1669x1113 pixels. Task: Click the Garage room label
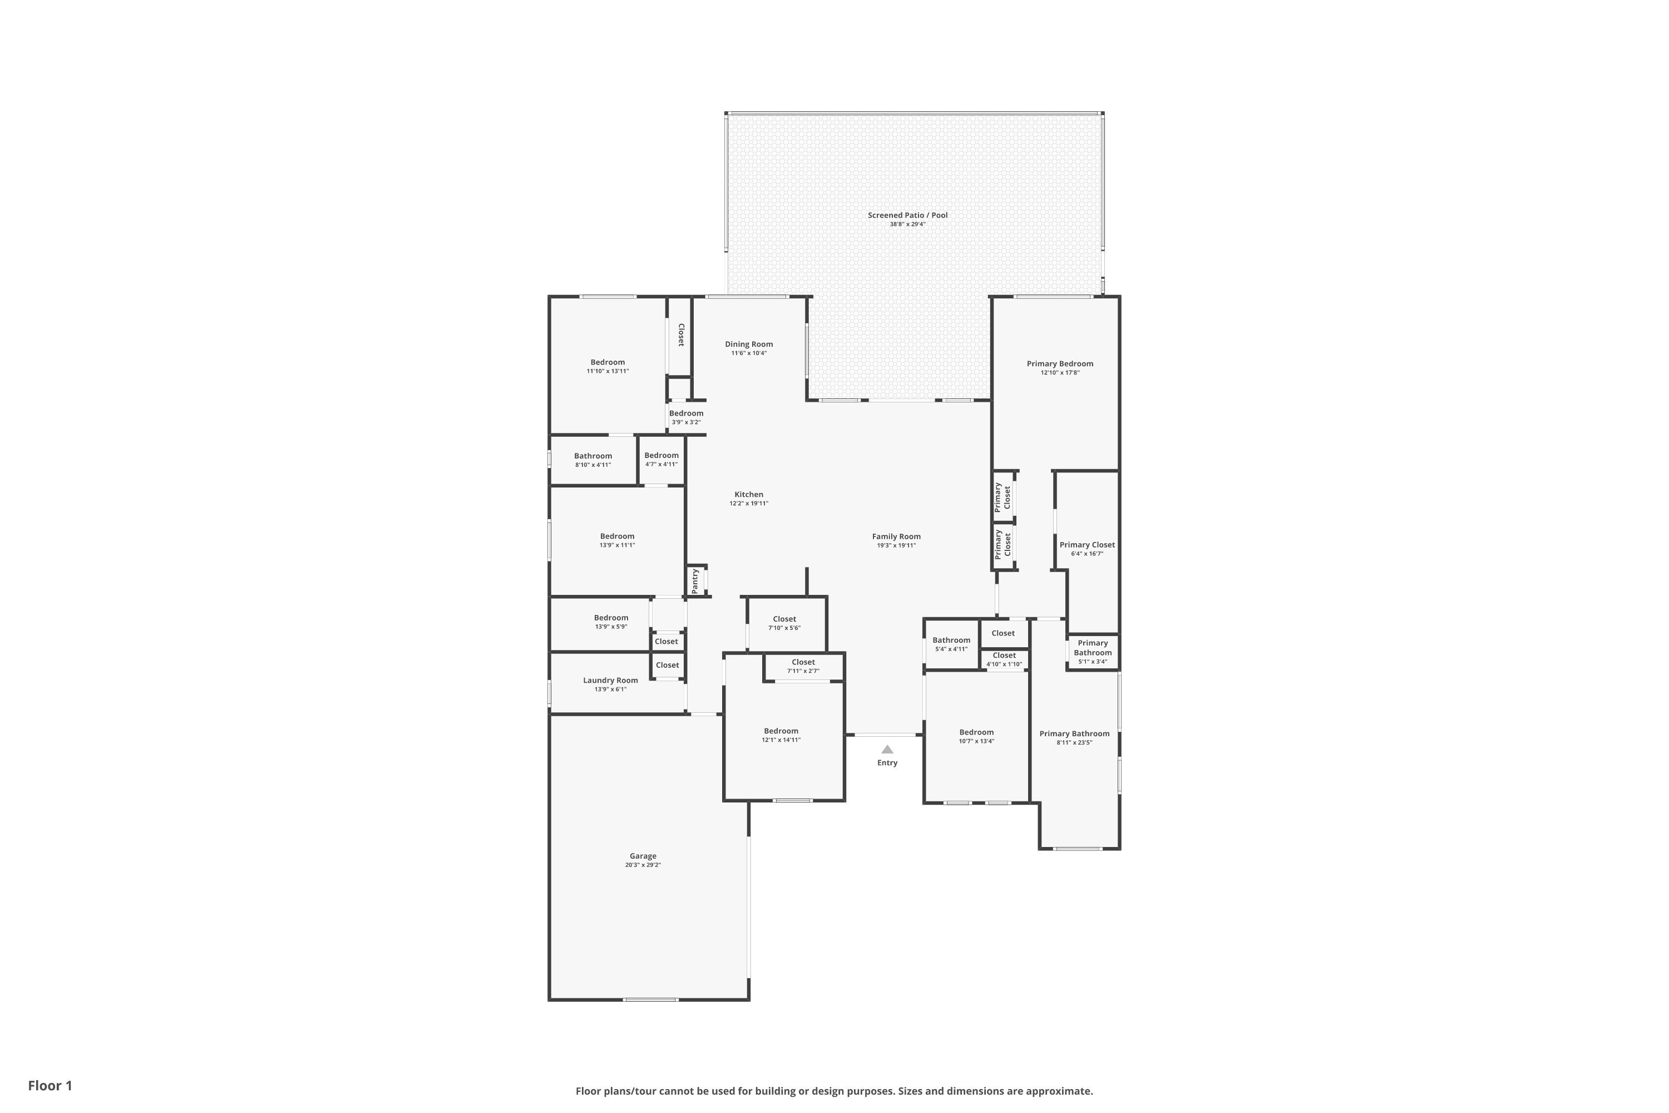click(x=643, y=856)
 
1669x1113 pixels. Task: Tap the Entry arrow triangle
click(x=887, y=749)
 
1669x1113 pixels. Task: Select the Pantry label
click(x=695, y=580)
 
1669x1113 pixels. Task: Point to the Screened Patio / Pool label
click(x=907, y=215)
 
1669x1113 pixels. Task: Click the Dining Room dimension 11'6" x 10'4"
click(x=749, y=353)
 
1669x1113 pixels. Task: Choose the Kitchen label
click(x=749, y=495)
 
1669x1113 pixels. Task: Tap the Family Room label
click(x=896, y=536)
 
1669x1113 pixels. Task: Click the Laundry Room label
click(x=610, y=680)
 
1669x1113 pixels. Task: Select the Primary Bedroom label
click(x=1059, y=363)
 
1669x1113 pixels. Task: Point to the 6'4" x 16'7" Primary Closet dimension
click(x=1087, y=554)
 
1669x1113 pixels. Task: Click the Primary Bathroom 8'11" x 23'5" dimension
click(x=1074, y=742)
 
